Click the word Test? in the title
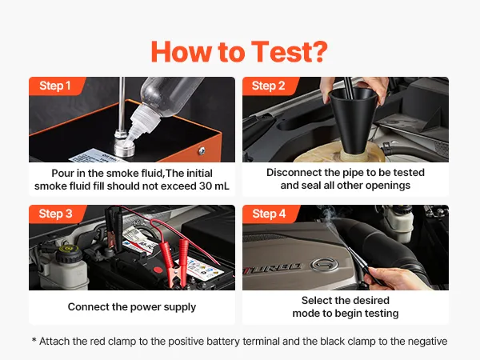(290, 51)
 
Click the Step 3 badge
(56, 214)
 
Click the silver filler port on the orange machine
(125, 145)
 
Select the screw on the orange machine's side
(202, 150)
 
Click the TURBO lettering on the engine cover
(274, 269)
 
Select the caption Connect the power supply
(132, 306)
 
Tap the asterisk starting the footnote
(34, 340)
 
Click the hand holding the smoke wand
(395, 278)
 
